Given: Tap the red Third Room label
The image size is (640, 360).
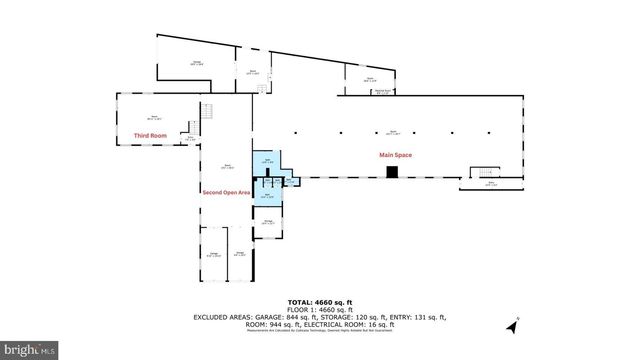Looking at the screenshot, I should pos(149,134).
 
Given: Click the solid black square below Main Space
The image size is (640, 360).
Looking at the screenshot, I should pos(393,172).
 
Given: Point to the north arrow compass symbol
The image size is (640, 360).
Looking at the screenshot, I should pos(514,324).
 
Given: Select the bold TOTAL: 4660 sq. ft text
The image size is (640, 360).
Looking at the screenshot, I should pos(320,301).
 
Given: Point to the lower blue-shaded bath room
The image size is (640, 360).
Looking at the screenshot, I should pos(267,196).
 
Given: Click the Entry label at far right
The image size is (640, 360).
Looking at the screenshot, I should pos(490,184).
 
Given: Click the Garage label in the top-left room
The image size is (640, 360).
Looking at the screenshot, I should pos(197,65).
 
